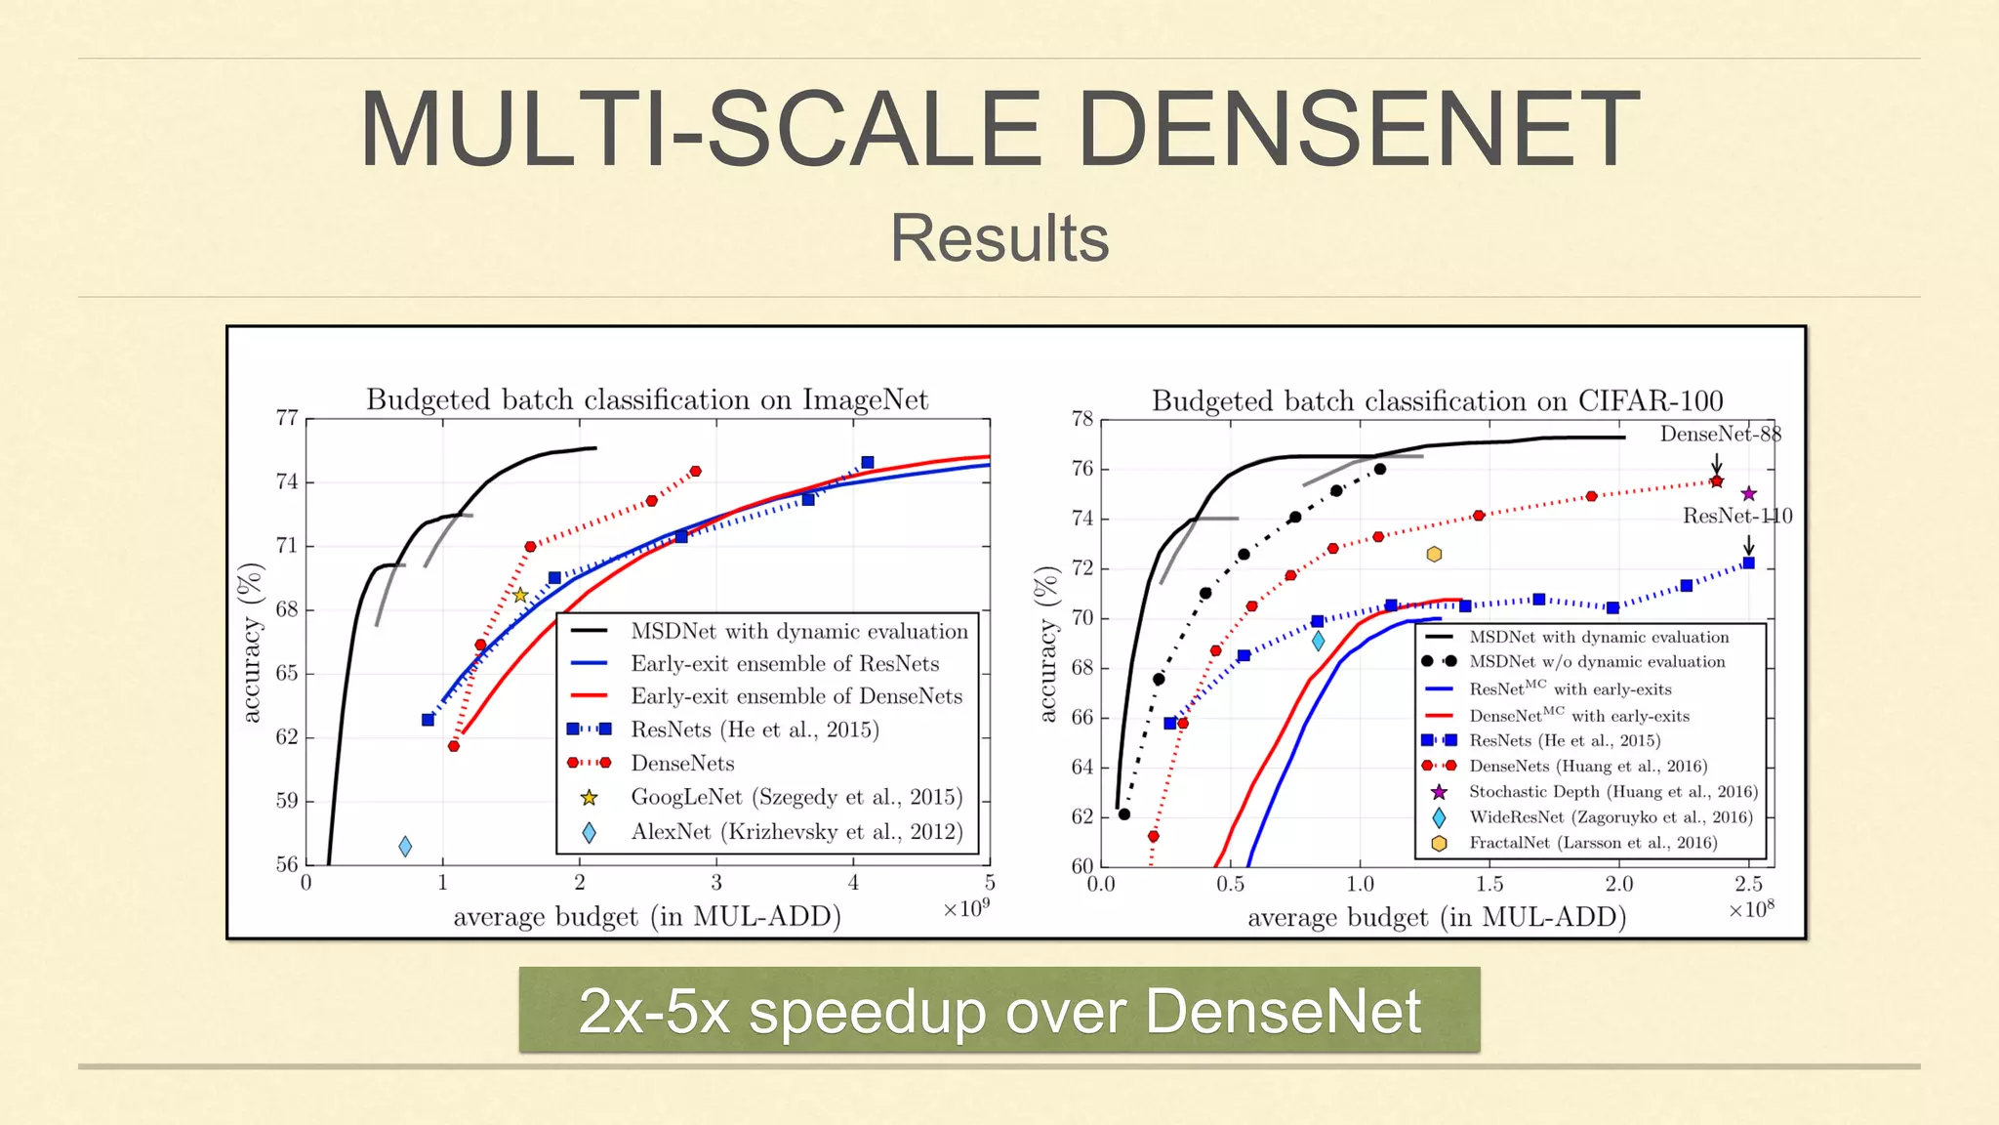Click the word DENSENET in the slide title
coord(1359,129)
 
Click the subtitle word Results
coord(999,238)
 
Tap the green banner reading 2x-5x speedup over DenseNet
coord(999,1010)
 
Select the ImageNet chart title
coord(647,399)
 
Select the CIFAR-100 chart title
coord(1437,400)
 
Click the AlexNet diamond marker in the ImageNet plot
coord(405,847)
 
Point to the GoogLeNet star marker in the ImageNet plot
coord(520,595)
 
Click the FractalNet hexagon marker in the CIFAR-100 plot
coord(1434,555)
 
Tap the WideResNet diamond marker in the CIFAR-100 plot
coord(1318,642)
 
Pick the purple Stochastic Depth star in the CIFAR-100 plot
coord(1748,494)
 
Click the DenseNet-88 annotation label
coord(1720,434)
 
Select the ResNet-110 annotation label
coord(1737,516)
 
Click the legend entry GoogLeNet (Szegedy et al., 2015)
coord(796,797)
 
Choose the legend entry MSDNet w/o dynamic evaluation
coord(1597,662)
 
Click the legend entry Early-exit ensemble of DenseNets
coord(796,696)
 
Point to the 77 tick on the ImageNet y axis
coord(287,418)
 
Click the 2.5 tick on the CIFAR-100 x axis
coord(1748,885)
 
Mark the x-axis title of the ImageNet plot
coord(647,917)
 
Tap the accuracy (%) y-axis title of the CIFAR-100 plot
coord(1047,645)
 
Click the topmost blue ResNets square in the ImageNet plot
coord(868,463)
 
